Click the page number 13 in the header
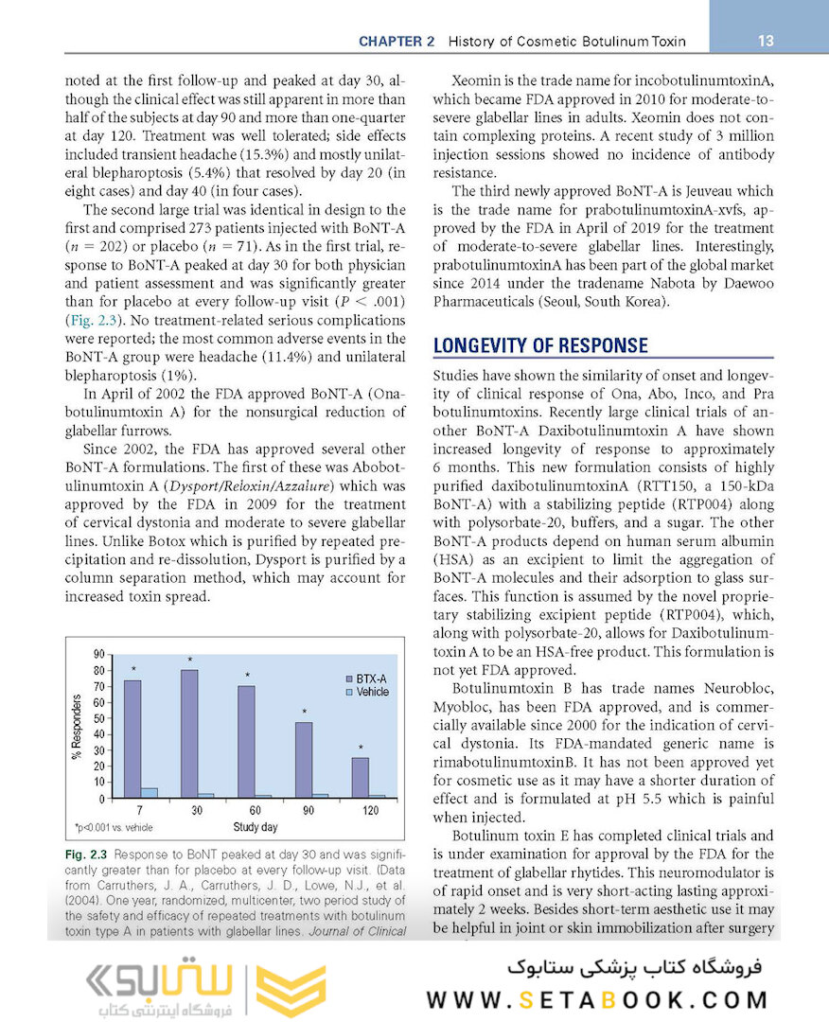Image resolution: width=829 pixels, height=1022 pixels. [x=767, y=41]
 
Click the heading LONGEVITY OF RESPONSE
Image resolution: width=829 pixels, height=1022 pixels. [x=540, y=345]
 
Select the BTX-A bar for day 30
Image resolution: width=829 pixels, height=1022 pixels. [x=189, y=733]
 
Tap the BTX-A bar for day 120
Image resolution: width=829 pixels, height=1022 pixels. [x=360, y=777]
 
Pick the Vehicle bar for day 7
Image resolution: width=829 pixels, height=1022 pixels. [x=149, y=792]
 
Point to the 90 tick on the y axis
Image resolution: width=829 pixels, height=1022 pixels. [x=98, y=655]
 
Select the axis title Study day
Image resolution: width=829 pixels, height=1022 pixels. [x=256, y=826]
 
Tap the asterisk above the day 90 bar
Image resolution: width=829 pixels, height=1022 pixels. [x=304, y=712]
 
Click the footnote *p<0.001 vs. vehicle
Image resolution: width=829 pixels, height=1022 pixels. [x=114, y=827]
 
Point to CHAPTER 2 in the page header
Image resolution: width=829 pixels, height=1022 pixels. [x=397, y=42]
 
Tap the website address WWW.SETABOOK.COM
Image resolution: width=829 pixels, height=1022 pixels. [x=596, y=999]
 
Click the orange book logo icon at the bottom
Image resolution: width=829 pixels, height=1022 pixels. [x=291, y=990]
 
